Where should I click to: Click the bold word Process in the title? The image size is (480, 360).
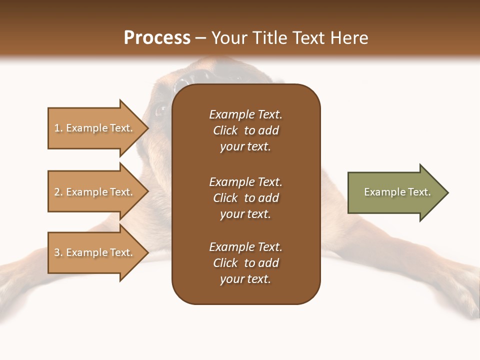tap(157, 38)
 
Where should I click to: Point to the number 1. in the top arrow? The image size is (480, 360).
tap(58, 128)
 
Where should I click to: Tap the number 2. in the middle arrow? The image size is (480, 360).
tap(58, 192)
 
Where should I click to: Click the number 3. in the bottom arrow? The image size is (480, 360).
tap(58, 252)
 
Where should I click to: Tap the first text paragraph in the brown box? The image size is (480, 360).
tap(245, 130)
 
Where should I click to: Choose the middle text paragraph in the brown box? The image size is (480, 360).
tap(245, 198)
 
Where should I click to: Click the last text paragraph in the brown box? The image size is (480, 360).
tap(245, 263)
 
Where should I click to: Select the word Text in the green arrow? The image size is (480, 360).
tap(419, 192)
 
